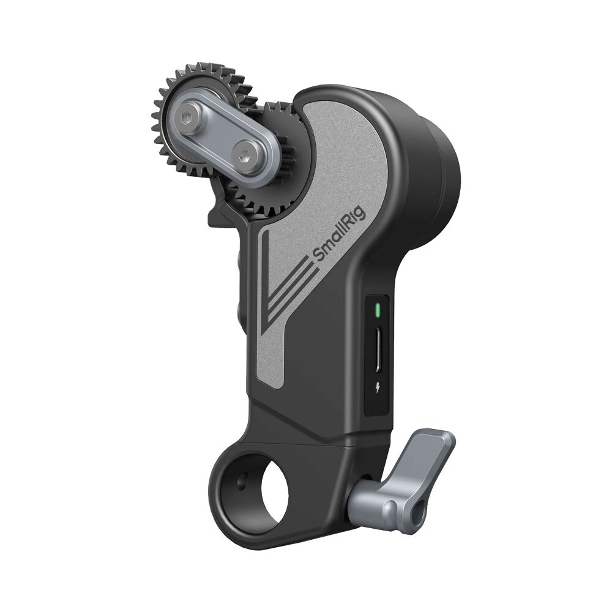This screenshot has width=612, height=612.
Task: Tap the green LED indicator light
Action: [x=378, y=310]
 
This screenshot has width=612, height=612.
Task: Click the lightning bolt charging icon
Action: [x=378, y=387]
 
